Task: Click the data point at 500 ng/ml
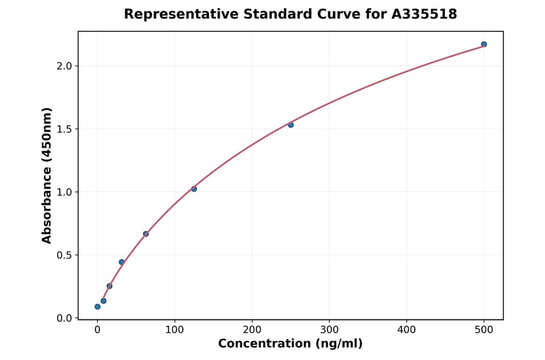point(484,44)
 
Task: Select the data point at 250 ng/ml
point(291,125)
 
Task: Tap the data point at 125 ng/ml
point(194,189)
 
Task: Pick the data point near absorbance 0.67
point(146,234)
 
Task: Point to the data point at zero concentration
point(97,307)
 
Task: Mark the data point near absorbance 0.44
point(122,262)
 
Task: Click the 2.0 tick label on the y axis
point(64,66)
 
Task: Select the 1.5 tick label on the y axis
point(64,129)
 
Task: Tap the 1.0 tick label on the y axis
point(64,192)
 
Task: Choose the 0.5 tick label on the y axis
point(64,255)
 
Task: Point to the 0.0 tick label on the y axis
point(64,318)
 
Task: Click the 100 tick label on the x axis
point(174,330)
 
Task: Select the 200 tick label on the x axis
point(252,330)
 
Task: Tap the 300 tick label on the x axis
point(329,330)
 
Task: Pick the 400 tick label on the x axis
point(406,330)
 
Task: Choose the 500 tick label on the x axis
point(484,330)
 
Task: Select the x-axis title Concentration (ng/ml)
point(290,344)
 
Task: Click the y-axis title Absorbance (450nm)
point(47,175)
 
